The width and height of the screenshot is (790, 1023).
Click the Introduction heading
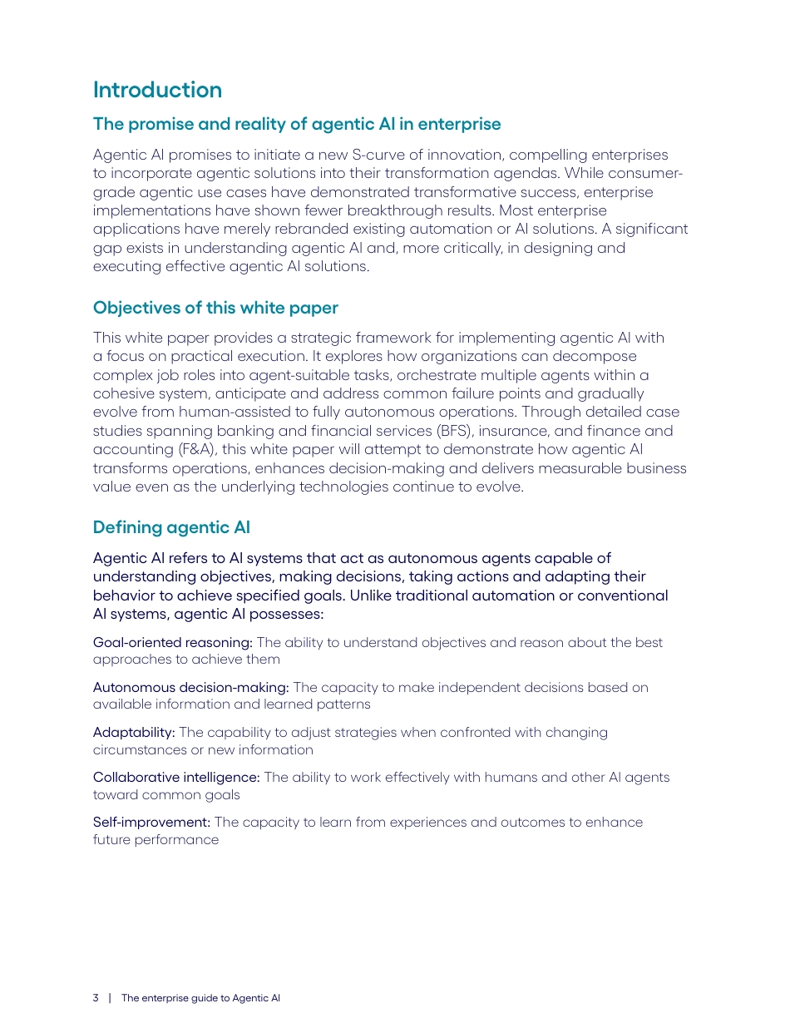point(157,90)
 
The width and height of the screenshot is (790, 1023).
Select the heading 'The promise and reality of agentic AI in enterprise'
point(297,124)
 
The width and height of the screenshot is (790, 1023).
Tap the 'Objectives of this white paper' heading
point(215,308)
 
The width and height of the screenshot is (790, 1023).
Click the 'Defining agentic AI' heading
point(171,527)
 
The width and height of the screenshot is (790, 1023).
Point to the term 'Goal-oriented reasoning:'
point(172,642)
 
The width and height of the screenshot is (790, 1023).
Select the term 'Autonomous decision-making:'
point(190,687)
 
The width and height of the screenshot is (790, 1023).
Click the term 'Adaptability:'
point(134,732)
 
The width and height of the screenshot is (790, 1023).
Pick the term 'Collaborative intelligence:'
point(176,777)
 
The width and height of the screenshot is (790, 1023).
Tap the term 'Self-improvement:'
point(151,822)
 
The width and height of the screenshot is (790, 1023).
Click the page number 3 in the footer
point(96,998)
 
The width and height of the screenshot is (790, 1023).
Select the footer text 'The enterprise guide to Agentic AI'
point(200,998)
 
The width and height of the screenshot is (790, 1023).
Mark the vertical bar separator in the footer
point(110,998)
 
